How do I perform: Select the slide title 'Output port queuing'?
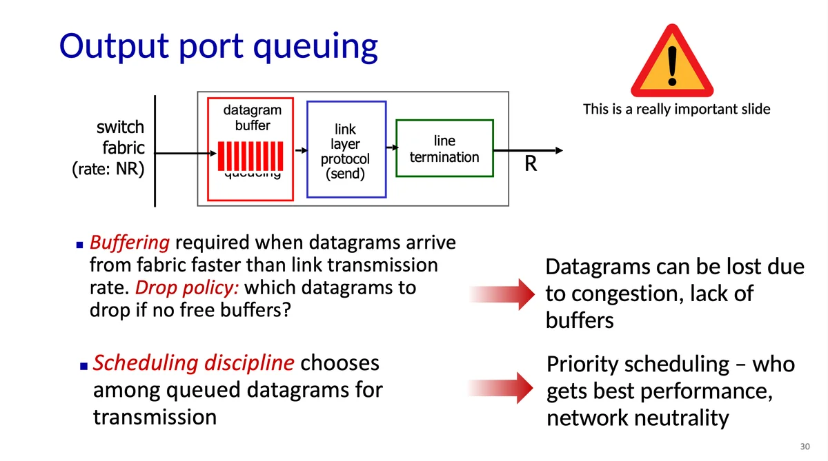point(219,45)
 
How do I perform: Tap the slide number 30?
point(804,447)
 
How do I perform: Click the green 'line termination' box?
point(444,149)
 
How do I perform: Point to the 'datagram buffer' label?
point(253,118)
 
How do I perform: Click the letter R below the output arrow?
point(531,164)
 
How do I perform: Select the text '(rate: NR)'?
point(108,169)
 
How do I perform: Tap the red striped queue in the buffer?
point(249,154)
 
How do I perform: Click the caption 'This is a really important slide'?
point(676,109)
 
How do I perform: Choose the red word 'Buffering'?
point(130,243)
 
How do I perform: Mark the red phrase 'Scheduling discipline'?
point(194,362)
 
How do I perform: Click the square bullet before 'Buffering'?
point(79,244)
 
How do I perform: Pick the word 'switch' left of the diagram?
point(120,127)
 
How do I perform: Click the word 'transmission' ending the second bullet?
point(155,417)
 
